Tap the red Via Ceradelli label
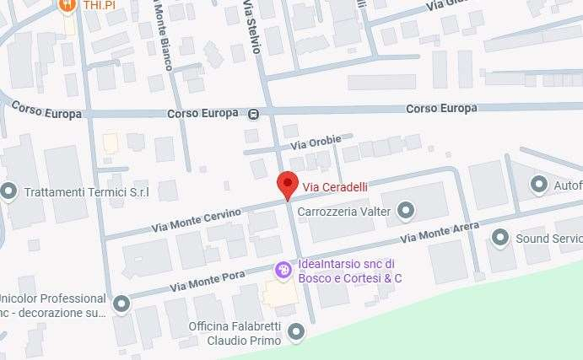pyautogui.click(x=336, y=186)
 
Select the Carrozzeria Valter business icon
pyautogui.click(x=407, y=210)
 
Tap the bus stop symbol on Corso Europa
pyautogui.click(x=254, y=113)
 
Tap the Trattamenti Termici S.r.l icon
pyautogui.click(x=9, y=191)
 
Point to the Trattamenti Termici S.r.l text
pyautogui.click(x=86, y=192)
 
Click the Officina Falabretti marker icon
pyautogui.click(x=295, y=333)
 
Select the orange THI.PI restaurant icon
pyautogui.click(x=67, y=5)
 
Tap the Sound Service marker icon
pyautogui.click(x=500, y=239)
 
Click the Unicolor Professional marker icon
pyautogui.click(x=122, y=303)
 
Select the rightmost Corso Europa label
pyautogui.click(x=441, y=108)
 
